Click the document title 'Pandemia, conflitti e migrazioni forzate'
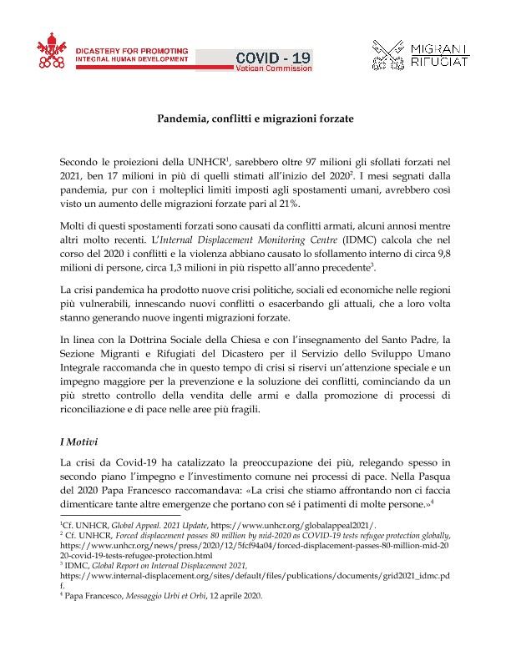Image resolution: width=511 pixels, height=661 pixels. [255, 119]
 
